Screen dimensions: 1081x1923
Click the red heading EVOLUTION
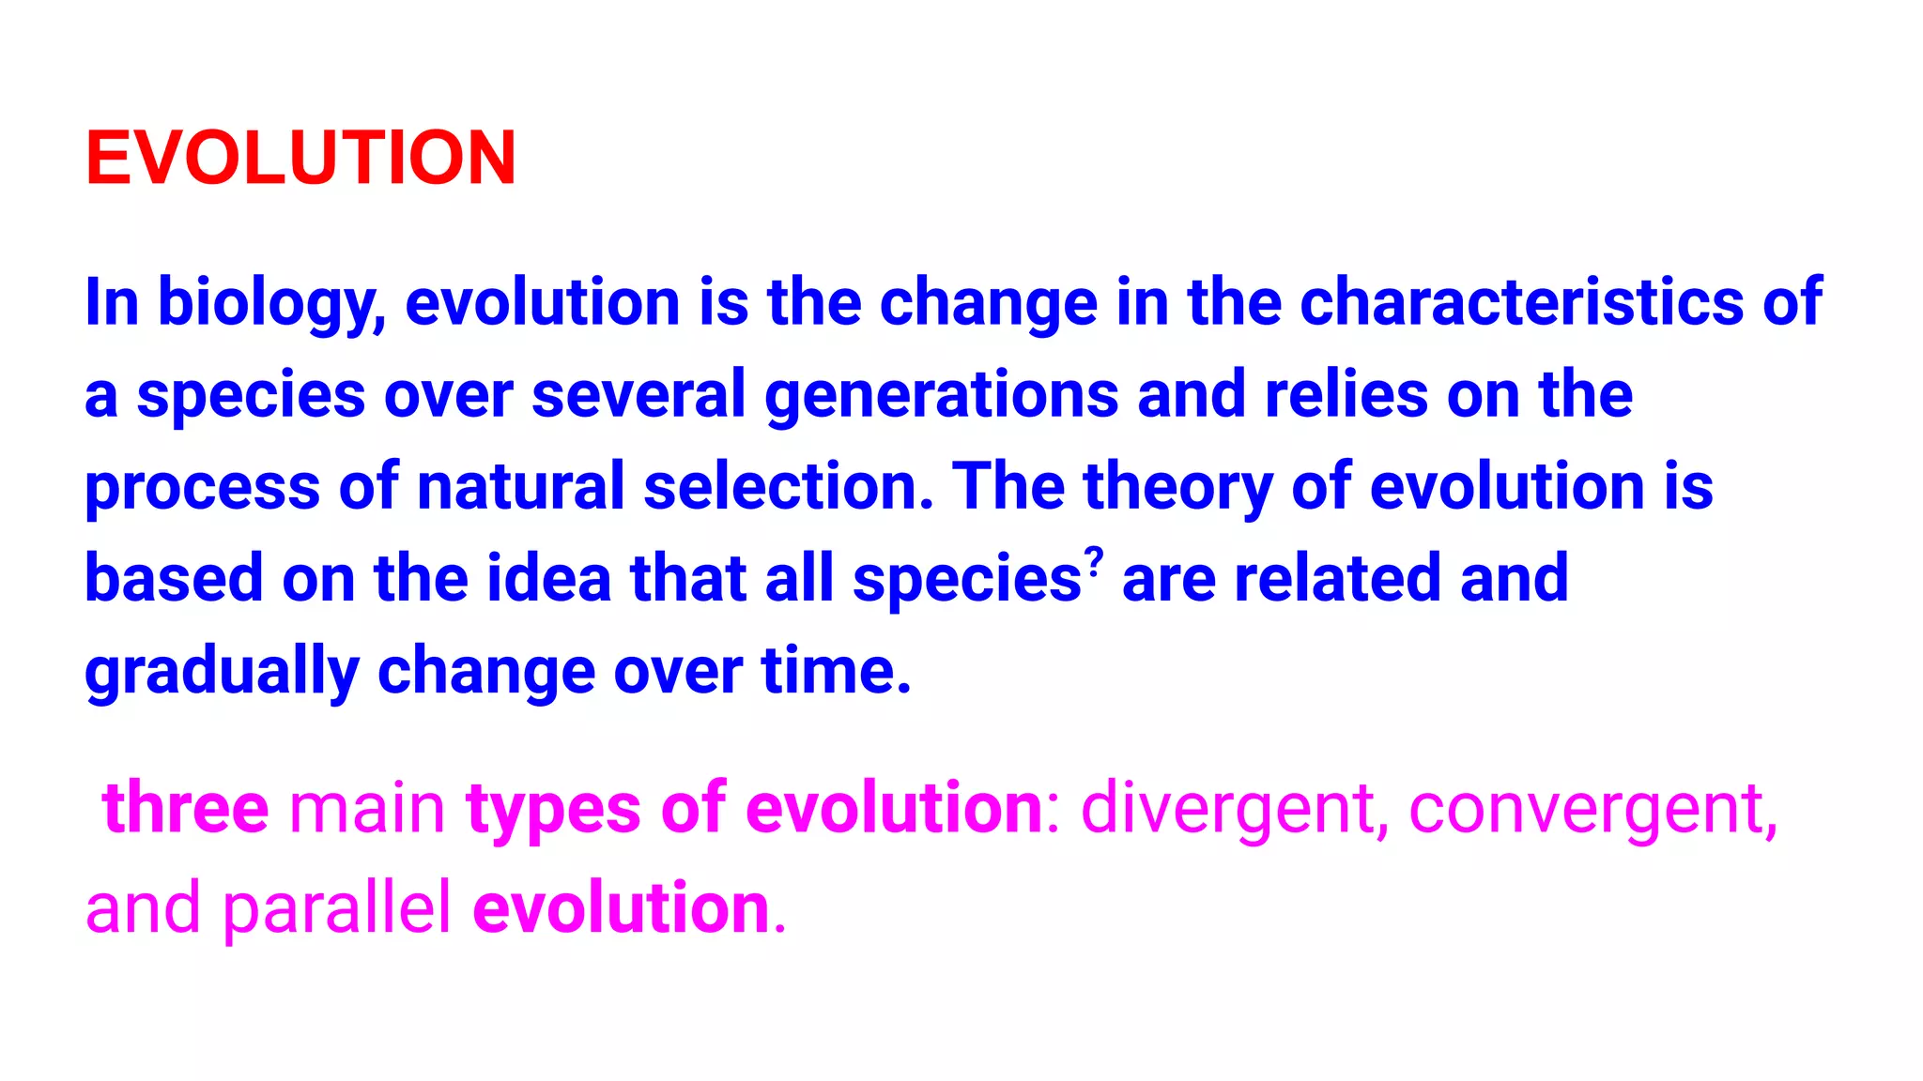(x=300, y=158)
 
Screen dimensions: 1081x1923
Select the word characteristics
(x=1521, y=302)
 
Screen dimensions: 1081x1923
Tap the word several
(x=638, y=395)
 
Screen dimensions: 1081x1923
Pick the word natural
(x=520, y=486)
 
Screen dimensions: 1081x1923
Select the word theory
(x=1177, y=488)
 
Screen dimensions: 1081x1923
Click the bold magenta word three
(x=186, y=808)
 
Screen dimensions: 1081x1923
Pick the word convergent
(x=1592, y=810)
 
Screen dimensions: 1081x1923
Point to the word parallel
(x=336, y=908)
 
